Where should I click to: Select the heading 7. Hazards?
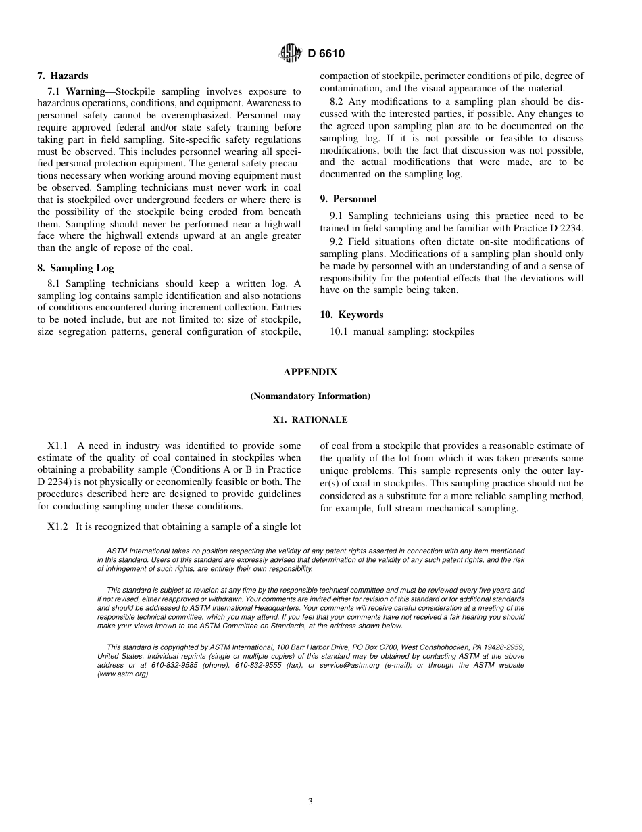pos(62,76)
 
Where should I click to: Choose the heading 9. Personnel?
pos(348,200)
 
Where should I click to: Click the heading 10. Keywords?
pos(351,315)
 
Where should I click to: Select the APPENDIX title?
pos(310,373)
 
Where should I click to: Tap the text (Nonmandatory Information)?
pos(310,396)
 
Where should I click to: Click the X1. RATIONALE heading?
pos(310,420)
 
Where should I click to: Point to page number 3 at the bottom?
pos(310,802)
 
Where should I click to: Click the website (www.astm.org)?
pos(123,674)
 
